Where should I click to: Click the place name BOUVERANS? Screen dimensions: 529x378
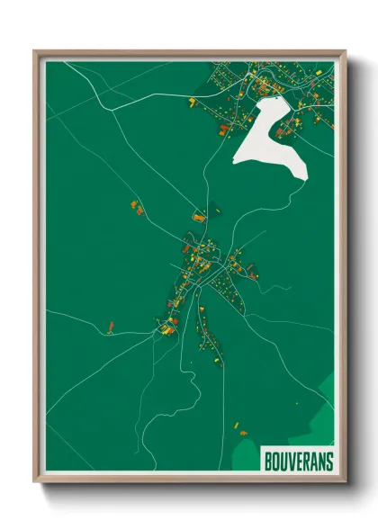coord(298,462)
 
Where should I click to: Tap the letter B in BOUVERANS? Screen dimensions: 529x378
coord(269,462)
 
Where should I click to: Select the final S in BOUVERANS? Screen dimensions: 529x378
coord(328,462)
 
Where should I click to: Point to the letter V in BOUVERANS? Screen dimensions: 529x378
coord(291,462)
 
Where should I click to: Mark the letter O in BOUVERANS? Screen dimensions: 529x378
coord(276,462)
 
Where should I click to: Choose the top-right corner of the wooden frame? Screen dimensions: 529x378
coord(344,52)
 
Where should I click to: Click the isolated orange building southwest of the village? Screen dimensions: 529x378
coord(110,325)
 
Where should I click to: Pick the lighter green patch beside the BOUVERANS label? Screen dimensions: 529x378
coord(247,444)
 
